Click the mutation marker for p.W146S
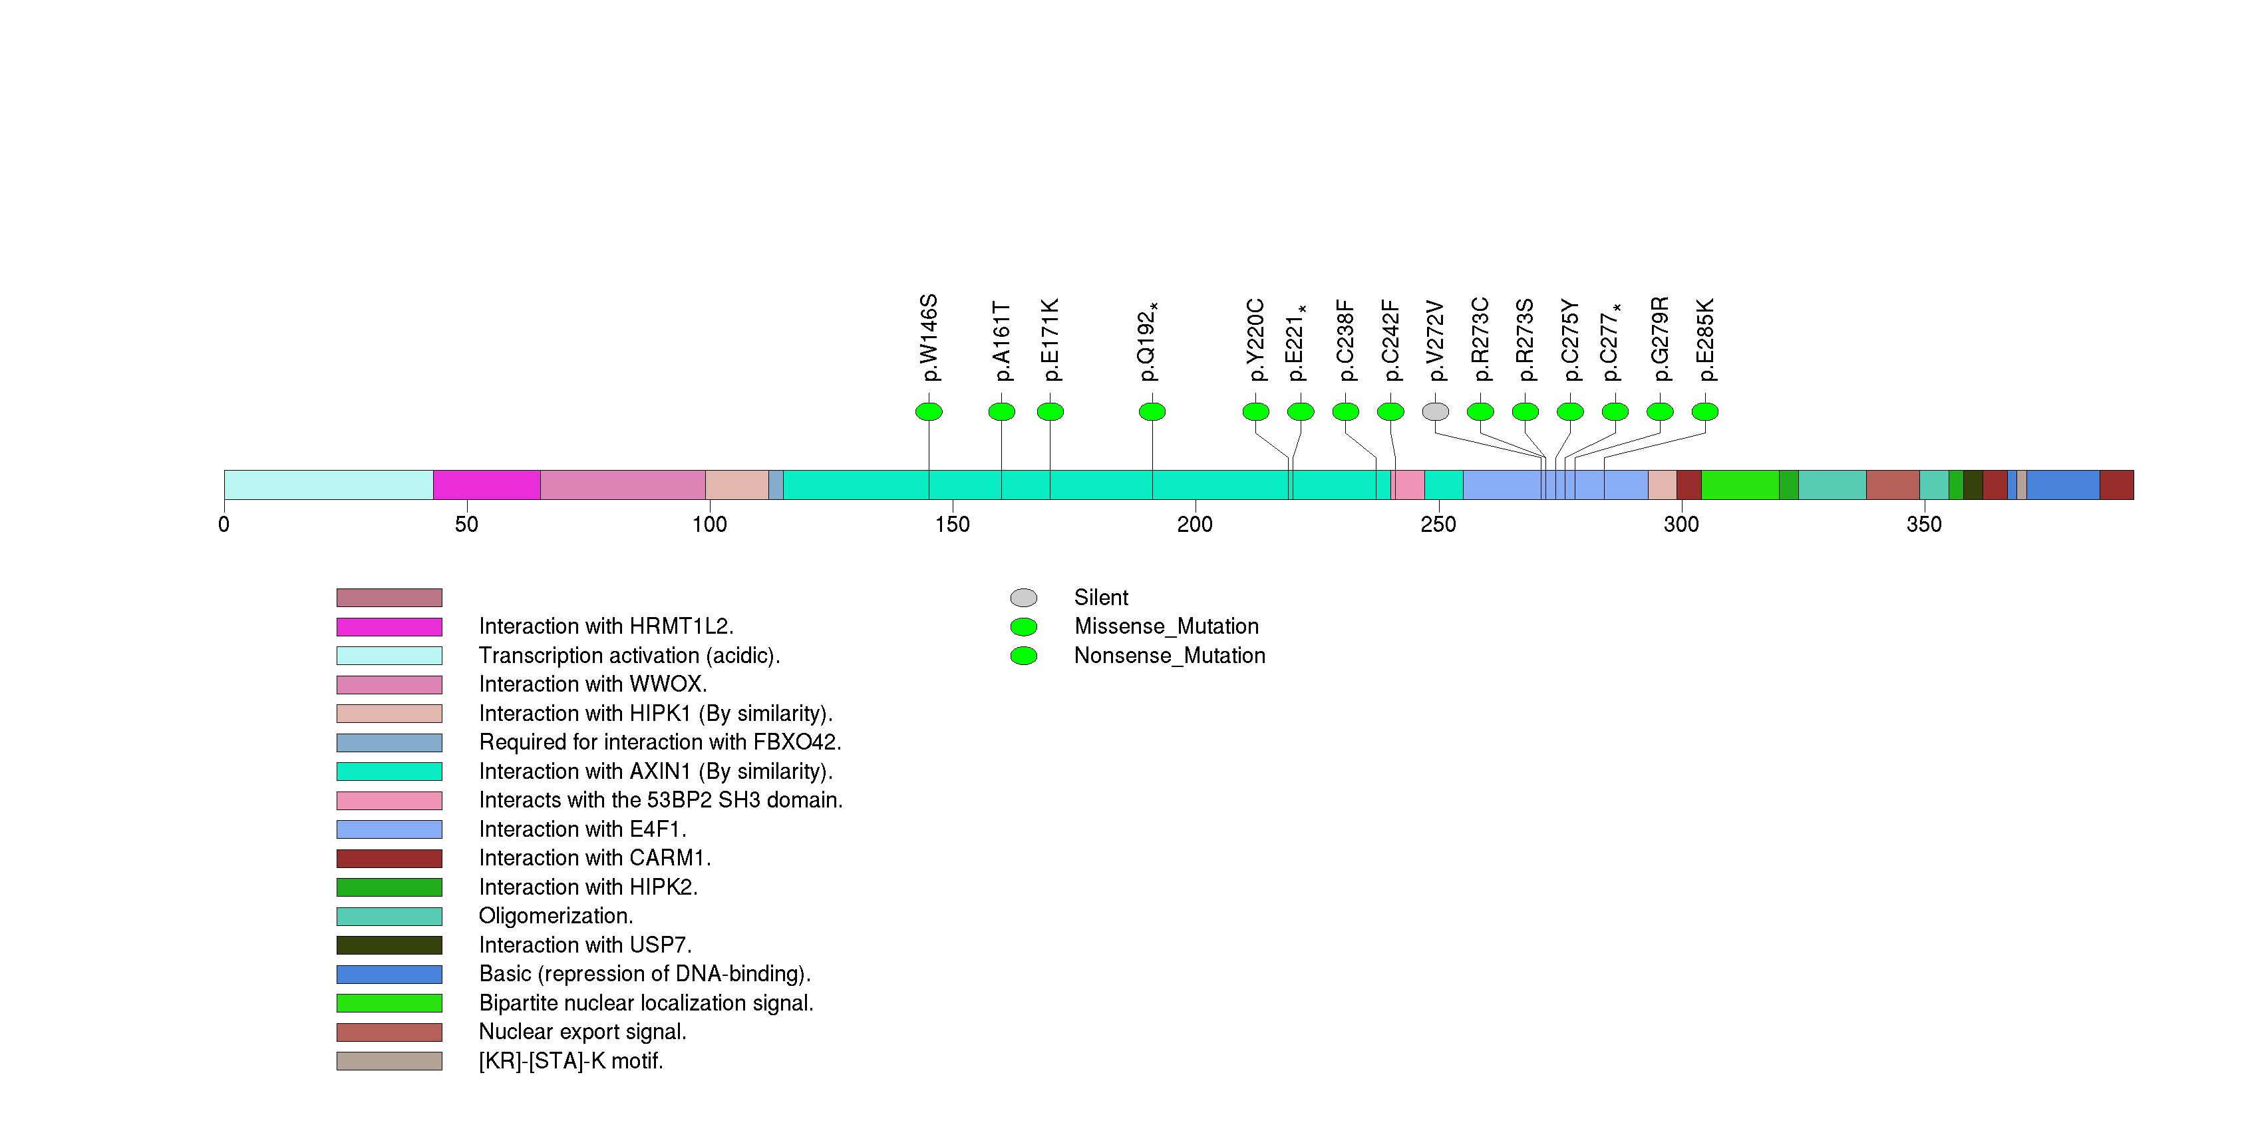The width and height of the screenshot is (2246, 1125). click(x=929, y=411)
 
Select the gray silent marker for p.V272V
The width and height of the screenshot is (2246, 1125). click(x=1435, y=411)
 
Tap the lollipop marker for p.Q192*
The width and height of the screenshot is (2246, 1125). click(x=1152, y=411)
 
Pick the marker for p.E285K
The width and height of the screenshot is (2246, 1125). click(x=1704, y=411)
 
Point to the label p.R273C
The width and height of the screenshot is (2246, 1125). click(x=1480, y=340)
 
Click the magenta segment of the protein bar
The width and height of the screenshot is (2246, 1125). click(x=486, y=485)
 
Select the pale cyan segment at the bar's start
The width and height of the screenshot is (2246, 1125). click(x=328, y=485)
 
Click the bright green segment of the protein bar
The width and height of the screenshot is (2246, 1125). click(x=1740, y=485)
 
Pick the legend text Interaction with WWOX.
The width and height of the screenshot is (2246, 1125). click(x=593, y=684)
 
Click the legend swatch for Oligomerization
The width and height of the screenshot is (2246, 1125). click(x=389, y=917)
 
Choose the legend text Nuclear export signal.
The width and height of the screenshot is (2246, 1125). click(x=582, y=1032)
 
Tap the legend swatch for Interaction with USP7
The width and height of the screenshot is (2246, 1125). click(x=389, y=945)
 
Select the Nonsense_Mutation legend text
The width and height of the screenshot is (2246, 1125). click(x=1169, y=656)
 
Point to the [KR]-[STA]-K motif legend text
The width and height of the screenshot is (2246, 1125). click(x=571, y=1061)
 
